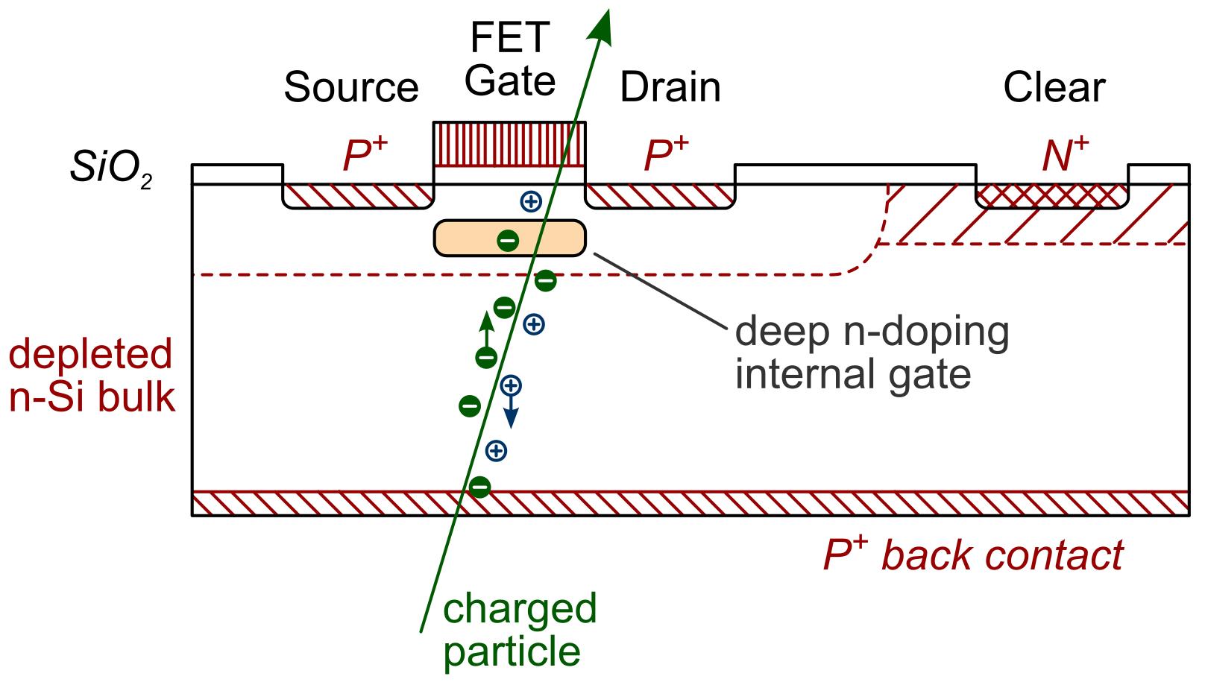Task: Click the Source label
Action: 350,87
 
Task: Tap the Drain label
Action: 670,87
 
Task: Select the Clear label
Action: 1053,87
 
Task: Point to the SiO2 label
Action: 111,169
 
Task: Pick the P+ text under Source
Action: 364,155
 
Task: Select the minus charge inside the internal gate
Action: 508,240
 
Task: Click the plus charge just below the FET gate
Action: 529,201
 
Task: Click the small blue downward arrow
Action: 511,414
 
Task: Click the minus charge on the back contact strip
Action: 479,487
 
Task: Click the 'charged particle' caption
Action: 519,630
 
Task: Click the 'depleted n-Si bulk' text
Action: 91,376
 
